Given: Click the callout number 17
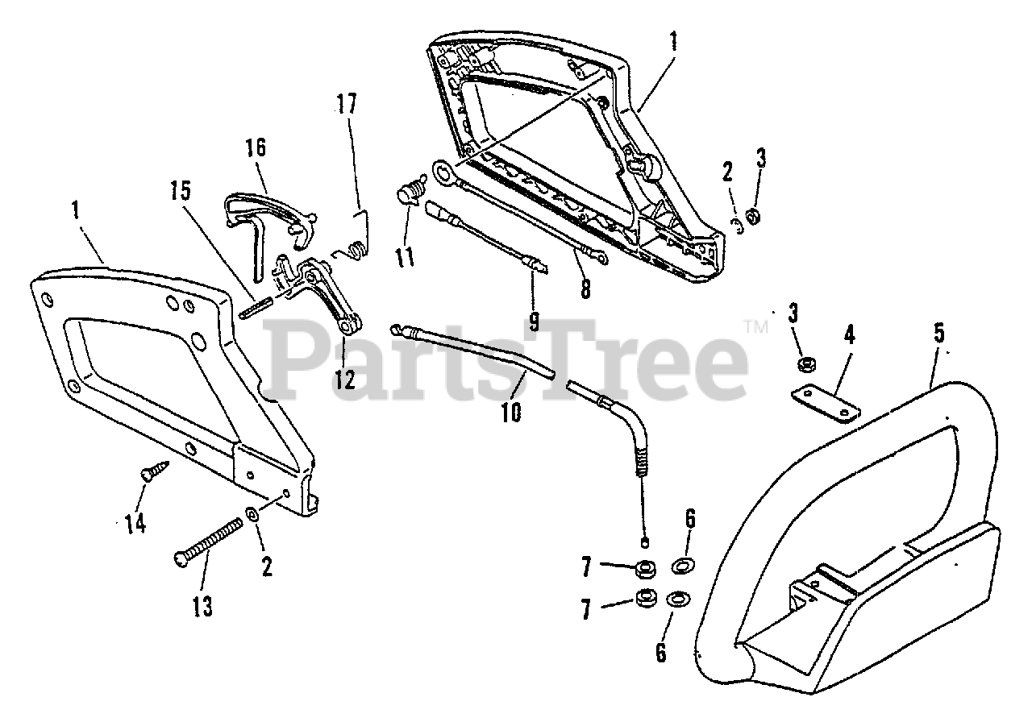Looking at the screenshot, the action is (347, 104).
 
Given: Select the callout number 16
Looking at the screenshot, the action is (256, 148).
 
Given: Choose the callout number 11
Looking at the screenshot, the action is (404, 256).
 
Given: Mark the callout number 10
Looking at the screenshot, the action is (510, 411).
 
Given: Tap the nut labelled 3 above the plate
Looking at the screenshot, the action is (803, 364).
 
